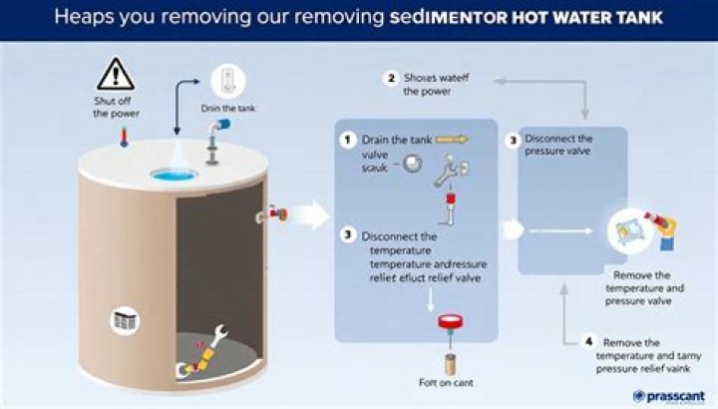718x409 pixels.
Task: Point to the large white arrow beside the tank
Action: [x=311, y=213]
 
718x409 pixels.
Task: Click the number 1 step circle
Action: [x=347, y=140]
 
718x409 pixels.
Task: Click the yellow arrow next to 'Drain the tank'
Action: [x=452, y=140]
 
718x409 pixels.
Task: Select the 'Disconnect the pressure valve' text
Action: [x=557, y=145]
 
